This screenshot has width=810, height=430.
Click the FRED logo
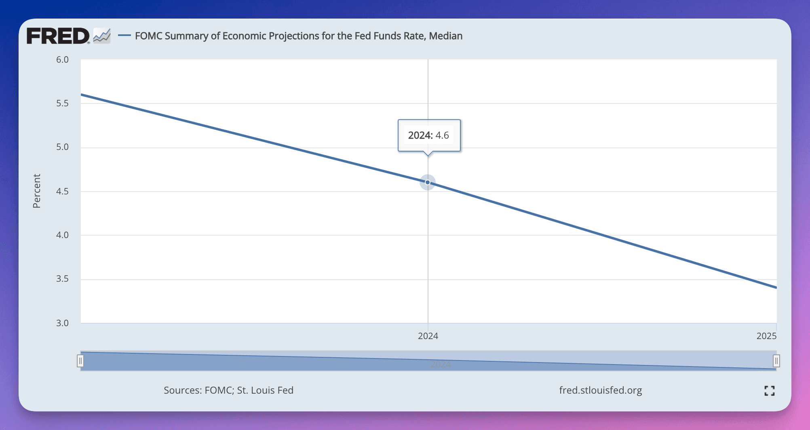tap(58, 36)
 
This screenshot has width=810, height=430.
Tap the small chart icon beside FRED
tap(102, 36)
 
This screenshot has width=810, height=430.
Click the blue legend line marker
tap(124, 36)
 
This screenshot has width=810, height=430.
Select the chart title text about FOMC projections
tap(299, 36)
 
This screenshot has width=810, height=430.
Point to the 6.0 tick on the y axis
tap(62, 60)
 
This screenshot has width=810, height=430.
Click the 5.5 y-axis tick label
tap(62, 103)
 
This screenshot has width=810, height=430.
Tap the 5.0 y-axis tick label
tap(62, 147)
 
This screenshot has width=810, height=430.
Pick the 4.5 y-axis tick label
tap(62, 191)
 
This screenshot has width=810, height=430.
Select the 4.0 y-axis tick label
tap(62, 235)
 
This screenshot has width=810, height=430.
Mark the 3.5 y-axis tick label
tap(62, 279)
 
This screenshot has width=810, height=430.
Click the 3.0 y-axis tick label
tap(62, 323)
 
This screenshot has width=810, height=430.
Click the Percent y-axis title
tap(37, 191)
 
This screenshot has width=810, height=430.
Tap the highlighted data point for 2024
tap(428, 182)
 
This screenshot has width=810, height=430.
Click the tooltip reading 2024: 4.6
tap(428, 135)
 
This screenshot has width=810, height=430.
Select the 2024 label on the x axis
tap(428, 336)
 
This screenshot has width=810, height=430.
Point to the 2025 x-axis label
tap(766, 336)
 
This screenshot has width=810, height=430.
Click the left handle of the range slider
tap(80, 361)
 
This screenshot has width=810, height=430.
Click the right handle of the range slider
tap(776, 361)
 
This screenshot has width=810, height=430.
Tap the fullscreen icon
tap(770, 390)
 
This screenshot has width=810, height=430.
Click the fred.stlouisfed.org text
tap(600, 390)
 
